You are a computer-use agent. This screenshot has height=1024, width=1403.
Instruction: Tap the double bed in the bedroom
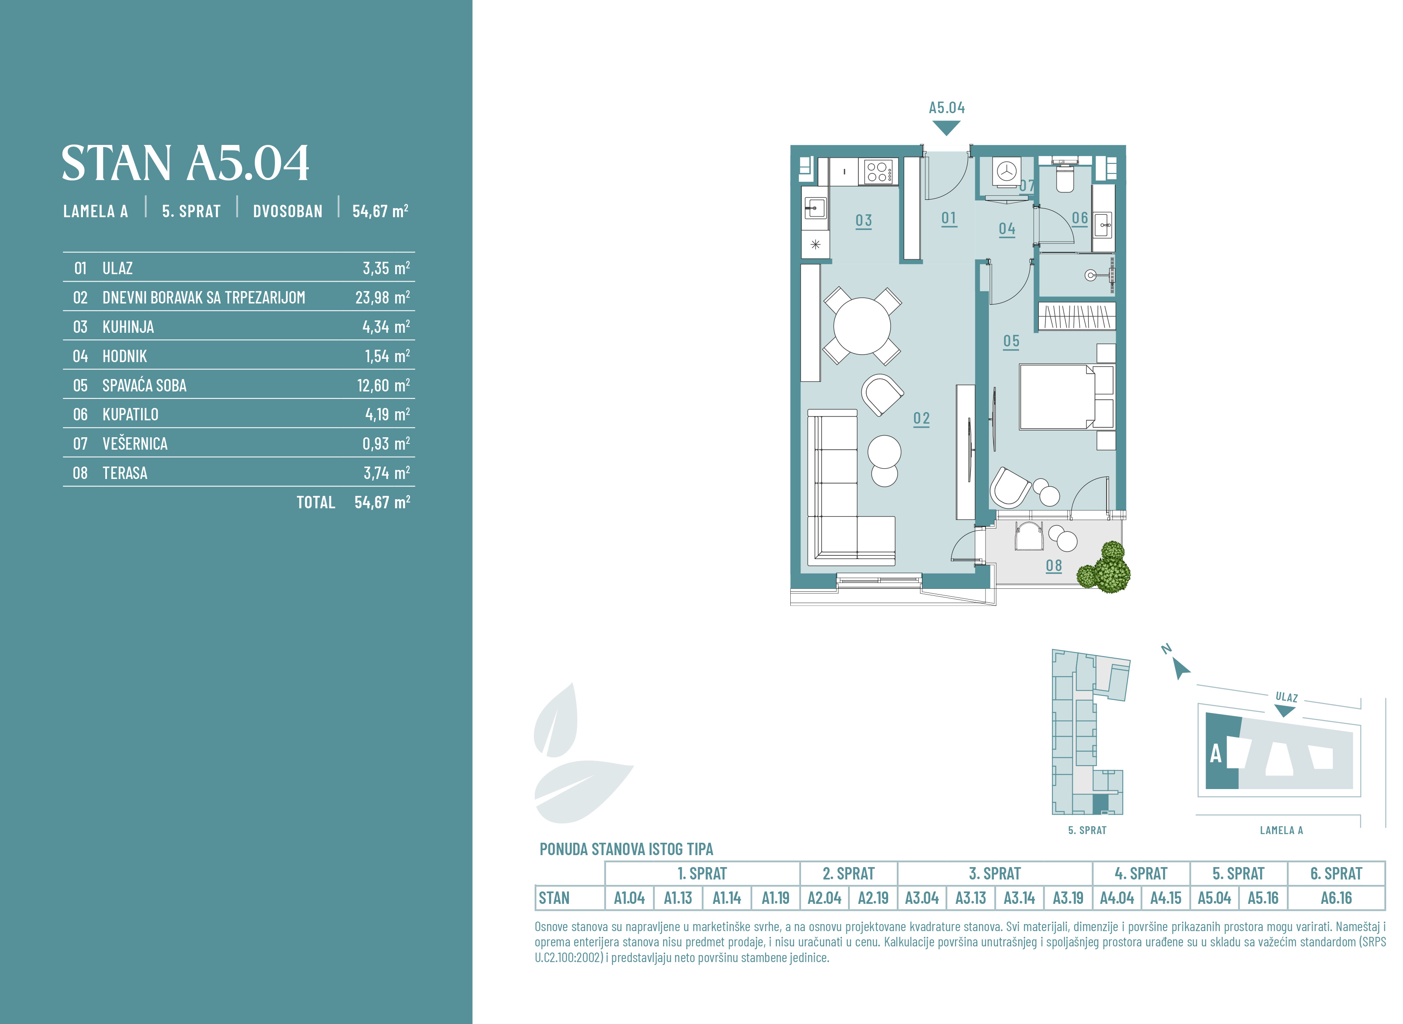[1066, 397]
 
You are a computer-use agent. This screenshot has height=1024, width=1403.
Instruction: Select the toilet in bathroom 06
[1065, 178]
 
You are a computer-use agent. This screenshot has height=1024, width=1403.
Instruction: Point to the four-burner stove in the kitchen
[877, 172]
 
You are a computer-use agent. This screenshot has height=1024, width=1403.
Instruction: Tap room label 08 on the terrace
[1054, 566]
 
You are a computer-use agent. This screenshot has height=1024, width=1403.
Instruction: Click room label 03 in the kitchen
[863, 220]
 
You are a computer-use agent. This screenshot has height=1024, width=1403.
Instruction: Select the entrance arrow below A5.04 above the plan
[946, 128]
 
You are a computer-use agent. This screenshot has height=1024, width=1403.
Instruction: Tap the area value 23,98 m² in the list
[382, 298]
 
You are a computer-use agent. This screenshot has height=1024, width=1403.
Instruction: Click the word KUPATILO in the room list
[130, 415]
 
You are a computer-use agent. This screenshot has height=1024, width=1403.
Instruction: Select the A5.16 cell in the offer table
[1263, 898]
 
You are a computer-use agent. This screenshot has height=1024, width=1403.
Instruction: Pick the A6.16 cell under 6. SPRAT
[1336, 898]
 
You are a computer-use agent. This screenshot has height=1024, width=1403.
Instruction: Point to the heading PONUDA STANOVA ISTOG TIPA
[626, 849]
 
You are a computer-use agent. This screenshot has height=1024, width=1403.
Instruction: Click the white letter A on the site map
[1216, 754]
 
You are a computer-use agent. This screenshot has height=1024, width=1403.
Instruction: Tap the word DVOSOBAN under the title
[287, 211]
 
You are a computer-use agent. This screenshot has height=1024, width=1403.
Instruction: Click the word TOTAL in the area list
[315, 503]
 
